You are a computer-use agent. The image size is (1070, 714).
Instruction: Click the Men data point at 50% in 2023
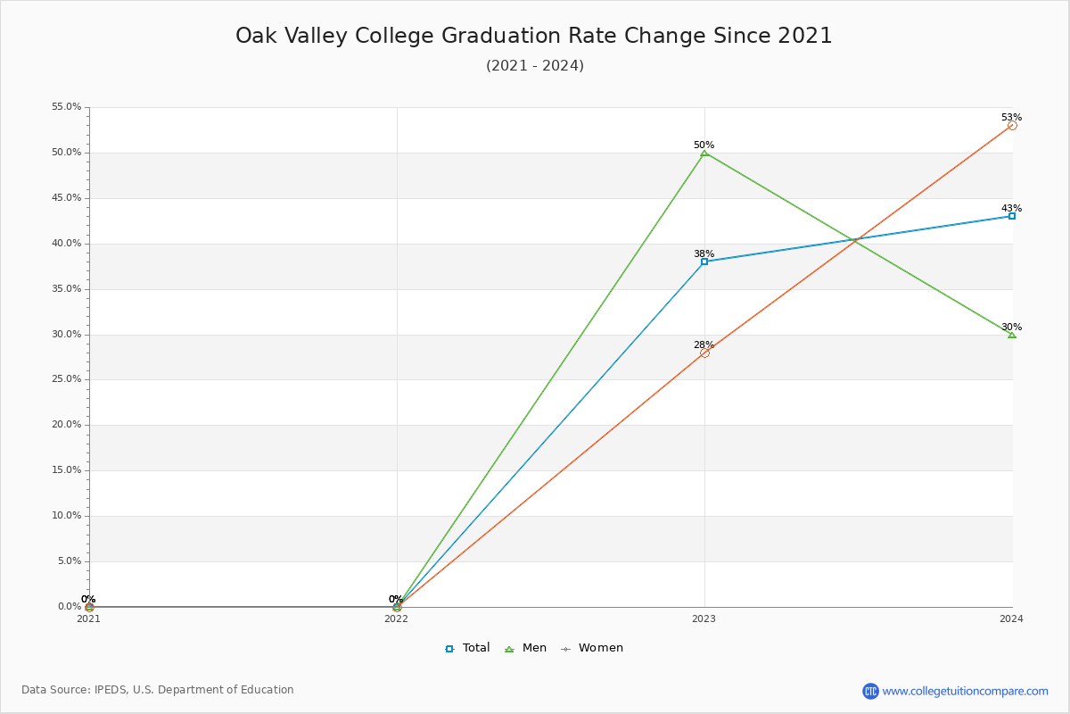coord(704,153)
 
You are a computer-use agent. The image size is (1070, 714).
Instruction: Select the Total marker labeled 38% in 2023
coord(704,262)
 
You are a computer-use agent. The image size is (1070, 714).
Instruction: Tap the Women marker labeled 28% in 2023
coord(704,353)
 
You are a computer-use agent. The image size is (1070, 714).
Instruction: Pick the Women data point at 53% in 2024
coord(1012,126)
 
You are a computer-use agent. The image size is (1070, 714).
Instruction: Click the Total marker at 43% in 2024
coord(1012,216)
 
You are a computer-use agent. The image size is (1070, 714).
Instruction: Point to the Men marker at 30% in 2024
coord(1012,334)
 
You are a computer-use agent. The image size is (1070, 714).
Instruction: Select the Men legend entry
coord(526,648)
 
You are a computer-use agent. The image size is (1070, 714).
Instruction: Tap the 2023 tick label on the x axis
coord(704,619)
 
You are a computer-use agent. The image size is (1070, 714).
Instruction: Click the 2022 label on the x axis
coord(396,619)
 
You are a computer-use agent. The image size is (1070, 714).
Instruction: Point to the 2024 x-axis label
coord(1011,619)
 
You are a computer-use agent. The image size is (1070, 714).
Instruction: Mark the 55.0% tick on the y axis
coord(66,107)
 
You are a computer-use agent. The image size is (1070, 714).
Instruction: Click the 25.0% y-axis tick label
coord(66,379)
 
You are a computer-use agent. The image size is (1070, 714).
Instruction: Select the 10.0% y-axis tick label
coord(66,516)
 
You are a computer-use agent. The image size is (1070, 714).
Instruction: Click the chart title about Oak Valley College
coord(534,36)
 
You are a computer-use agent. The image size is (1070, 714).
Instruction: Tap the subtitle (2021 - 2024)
coord(534,66)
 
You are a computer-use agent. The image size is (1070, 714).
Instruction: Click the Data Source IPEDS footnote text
coord(158,690)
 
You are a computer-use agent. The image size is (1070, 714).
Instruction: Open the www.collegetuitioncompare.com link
coord(965,691)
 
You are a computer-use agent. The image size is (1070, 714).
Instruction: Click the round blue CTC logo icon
coord(870,691)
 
